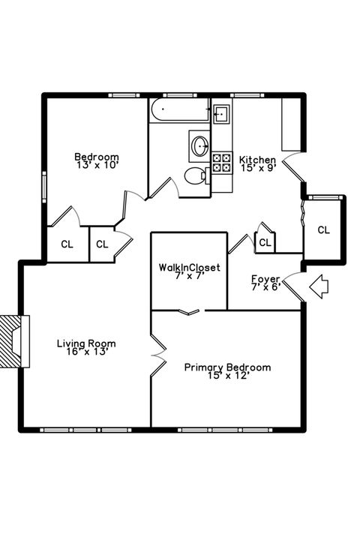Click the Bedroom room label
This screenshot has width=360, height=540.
(96, 156)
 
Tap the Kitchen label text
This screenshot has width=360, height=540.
(257, 160)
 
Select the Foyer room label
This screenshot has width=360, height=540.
(265, 279)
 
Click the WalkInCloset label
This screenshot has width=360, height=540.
(188, 267)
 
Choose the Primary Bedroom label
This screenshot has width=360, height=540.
(228, 367)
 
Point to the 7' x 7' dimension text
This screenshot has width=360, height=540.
(188, 276)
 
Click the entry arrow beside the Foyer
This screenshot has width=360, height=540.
(320, 285)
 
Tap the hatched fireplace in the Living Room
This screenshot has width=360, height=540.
(13, 341)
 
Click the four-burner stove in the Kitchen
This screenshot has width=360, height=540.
(222, 163)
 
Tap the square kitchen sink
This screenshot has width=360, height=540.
(220, 115)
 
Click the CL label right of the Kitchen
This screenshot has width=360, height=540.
(323, 229)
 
